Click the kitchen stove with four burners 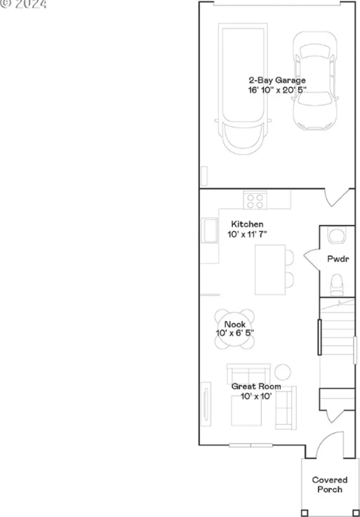pos(255,201)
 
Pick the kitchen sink pos(209,230)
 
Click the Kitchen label pos(247,224)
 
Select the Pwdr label pos(338,259)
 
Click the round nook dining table pos(235,325)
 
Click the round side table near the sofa pos(283,372)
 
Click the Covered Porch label pos(330,485)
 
